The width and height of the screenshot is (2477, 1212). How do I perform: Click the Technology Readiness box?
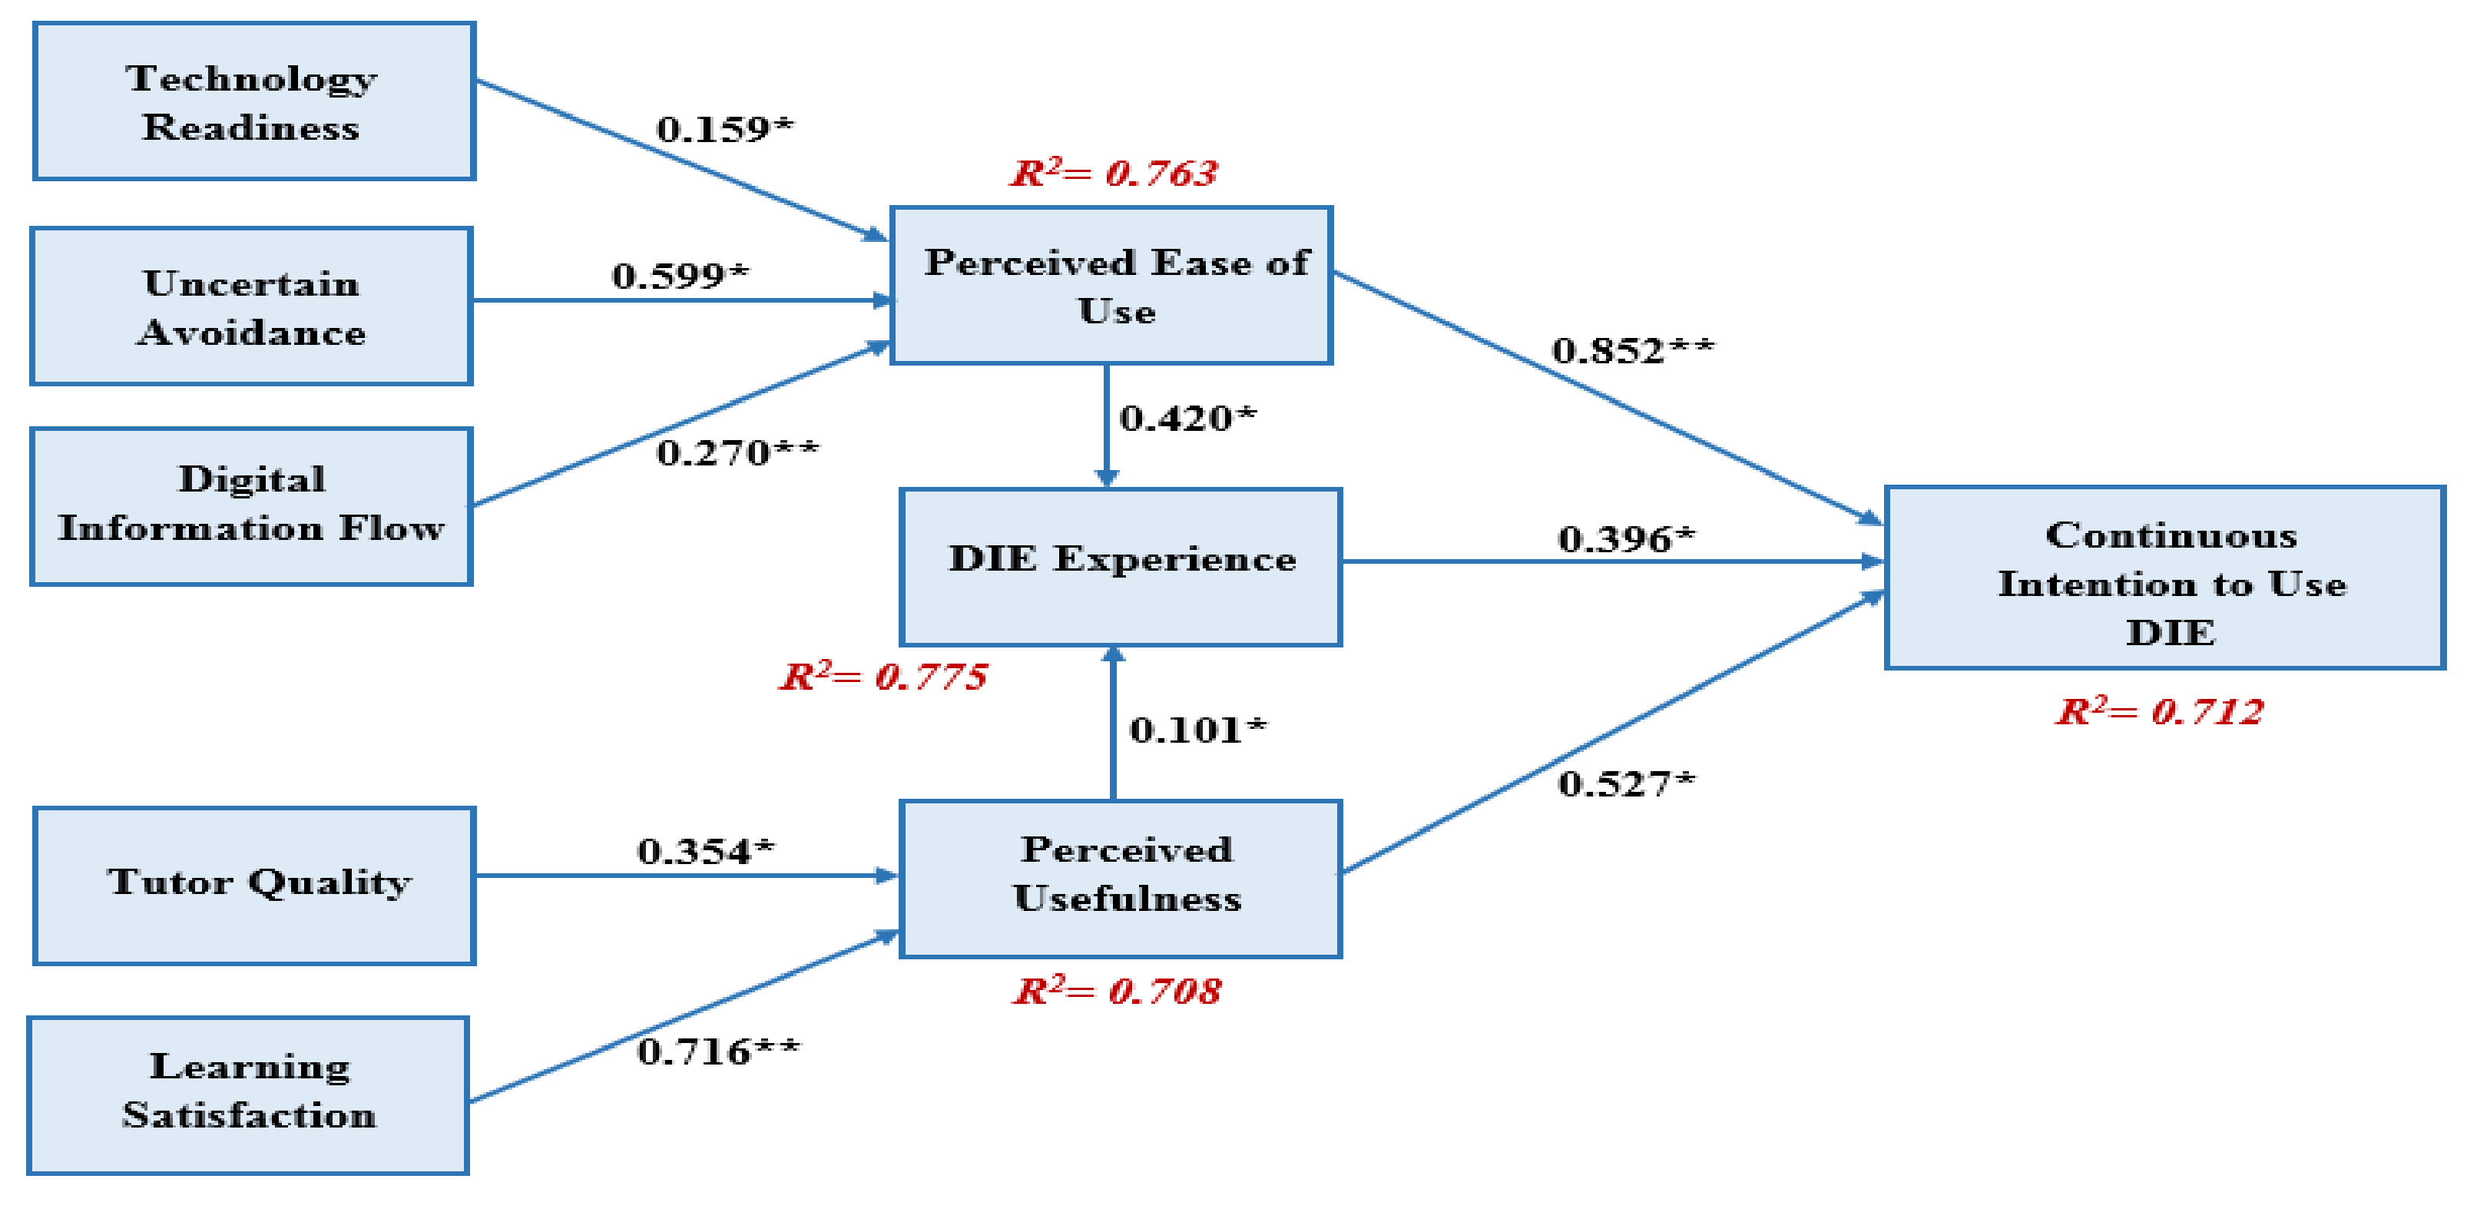254,101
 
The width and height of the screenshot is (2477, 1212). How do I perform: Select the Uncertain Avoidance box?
251,306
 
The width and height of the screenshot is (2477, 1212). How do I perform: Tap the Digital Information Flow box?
251,506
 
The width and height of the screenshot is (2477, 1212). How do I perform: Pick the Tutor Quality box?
255,885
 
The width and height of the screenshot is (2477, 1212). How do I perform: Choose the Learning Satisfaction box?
248,1094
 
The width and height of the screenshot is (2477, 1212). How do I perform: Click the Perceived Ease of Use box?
1111,285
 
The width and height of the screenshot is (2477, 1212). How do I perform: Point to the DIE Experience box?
1121,567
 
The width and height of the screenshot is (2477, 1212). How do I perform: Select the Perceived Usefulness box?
1121,878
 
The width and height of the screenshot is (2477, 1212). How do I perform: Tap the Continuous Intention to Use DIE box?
2164,577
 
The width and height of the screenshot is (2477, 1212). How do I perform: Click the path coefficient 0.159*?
724,129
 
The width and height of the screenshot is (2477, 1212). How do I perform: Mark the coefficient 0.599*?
680,276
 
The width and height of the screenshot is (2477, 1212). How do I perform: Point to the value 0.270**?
737,452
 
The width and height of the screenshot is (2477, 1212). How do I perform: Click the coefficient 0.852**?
1632,350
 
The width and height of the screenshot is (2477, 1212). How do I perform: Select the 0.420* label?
1187,419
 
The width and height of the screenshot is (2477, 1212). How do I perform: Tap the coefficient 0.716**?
717,1051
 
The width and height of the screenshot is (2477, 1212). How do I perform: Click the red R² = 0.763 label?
1114,173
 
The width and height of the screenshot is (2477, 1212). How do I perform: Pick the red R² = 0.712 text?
2159,712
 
